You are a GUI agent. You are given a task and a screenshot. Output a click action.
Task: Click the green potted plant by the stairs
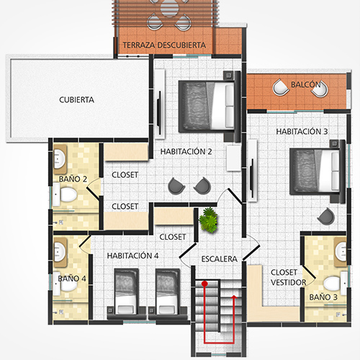click(x=208, y=220)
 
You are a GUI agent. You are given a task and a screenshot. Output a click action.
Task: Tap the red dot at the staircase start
click(x=204, y=284)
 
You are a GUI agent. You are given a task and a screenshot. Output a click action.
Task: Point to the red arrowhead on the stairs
click(x=234, y=297)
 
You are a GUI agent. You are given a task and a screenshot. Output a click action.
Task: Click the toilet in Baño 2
click(x=65, y=194)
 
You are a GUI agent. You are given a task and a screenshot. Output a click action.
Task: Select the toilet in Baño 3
click(x=335, y=284)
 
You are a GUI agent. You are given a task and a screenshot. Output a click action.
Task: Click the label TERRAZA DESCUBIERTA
click(x=164, y=45)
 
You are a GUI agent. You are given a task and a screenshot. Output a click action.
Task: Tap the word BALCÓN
click(x=306, y=84)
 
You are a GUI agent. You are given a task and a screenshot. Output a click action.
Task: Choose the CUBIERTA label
click(x=76, y=100)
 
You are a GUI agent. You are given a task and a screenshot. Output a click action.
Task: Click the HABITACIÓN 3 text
click(x=302, y=132)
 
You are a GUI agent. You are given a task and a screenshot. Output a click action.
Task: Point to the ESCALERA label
click(x=220, y=259)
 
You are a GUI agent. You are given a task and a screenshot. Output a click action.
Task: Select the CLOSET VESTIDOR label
click(x=289, y=277)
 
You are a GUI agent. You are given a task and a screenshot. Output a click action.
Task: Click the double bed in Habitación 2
click(x=207, y=107)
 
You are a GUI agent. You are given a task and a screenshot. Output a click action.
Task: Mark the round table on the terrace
click(x=169, y=9)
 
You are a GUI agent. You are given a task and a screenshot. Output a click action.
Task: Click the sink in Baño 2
click(x=59, y=158)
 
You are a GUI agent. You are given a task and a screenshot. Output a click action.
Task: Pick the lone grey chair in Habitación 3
click(x=326, y=216)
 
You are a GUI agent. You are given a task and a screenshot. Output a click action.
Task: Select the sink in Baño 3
click(x=341, y=251)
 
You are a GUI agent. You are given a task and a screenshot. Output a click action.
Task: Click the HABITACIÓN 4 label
click(x=132, y=256)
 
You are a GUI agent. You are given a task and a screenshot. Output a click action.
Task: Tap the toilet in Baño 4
click(x=65, y=284)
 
